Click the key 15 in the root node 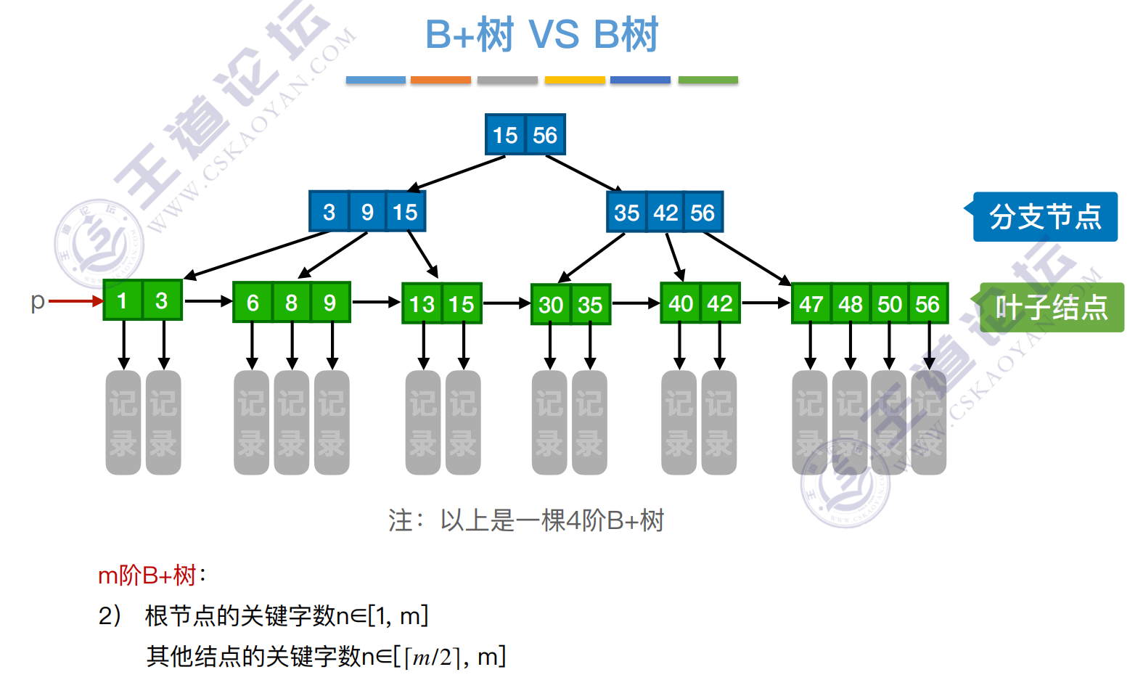coord(505,135)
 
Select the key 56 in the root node coord(545,135)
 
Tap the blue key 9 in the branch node coord(367,212)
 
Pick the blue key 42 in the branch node coord(665,213)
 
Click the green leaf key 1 coord(122,300)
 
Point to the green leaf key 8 coord(291,303)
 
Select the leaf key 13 coord(422,304)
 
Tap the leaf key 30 coord(551,305)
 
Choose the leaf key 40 coord(681,303)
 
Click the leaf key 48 coord(851,304)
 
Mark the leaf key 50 coord(890,304)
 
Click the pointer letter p coord(38,300)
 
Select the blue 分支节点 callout coord(1044,216)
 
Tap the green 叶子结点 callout coord(1051,308)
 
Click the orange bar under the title coord(441,80)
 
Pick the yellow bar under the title coord(575,80)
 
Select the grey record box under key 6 coord(252,422)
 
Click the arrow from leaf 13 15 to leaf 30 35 coord(507,303)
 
